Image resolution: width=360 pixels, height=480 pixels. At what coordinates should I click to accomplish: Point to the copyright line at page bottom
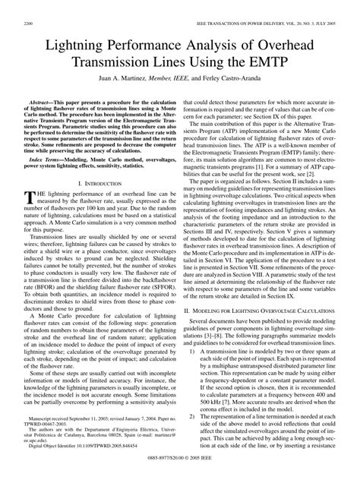pos(180,474)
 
